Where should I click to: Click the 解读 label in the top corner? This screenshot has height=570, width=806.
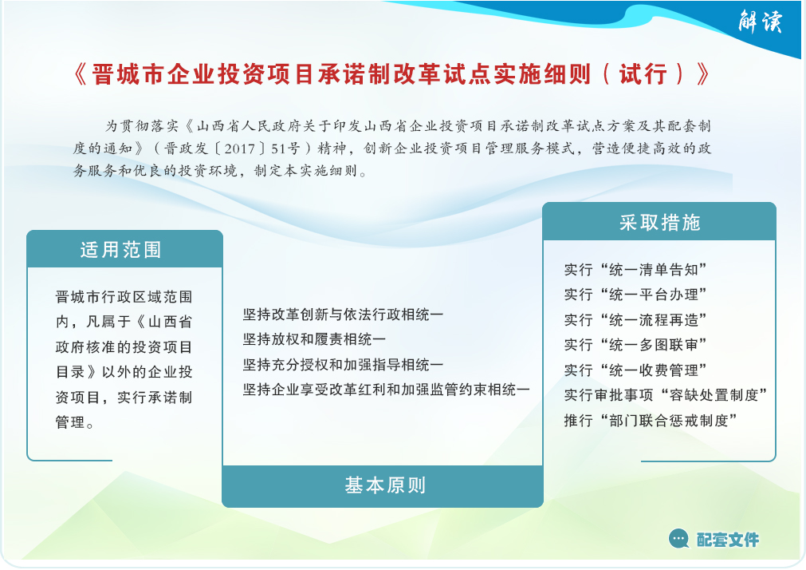761,22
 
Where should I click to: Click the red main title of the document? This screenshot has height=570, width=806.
392,74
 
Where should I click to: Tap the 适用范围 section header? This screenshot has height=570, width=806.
121,250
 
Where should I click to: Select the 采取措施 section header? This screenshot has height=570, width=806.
659,223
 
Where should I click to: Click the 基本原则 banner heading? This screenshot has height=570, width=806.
385,485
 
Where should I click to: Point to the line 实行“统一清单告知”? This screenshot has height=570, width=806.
635,269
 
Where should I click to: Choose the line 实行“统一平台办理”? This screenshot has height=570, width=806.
635,295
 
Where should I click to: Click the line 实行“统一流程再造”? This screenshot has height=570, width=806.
635,320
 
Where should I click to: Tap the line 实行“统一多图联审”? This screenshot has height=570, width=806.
635,344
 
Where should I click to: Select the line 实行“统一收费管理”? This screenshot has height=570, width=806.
635,370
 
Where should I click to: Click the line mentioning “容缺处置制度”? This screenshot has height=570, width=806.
666,395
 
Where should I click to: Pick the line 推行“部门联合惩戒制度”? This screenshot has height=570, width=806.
651,420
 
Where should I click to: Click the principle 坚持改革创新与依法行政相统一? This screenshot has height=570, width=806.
343,314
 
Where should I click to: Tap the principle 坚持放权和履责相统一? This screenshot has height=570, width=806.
314,339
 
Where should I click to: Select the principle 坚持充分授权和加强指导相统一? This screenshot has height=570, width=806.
343,365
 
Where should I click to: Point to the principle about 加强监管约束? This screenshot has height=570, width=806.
386,390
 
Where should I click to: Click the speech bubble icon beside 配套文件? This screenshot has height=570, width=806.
679,539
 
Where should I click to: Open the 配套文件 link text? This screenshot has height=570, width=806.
727,540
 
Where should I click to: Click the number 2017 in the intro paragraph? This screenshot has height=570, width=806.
240,148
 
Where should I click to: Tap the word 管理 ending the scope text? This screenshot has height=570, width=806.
70,422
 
